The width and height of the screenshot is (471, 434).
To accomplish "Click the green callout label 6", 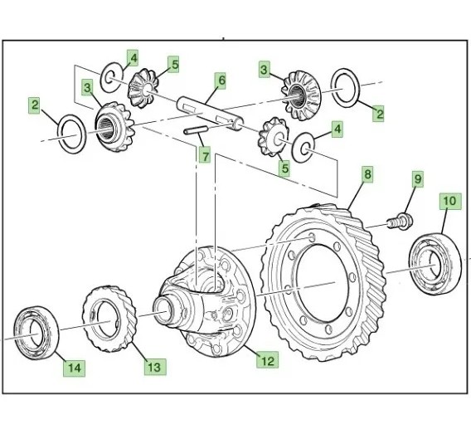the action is pos(221,80).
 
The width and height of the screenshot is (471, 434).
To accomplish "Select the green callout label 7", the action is pos(206,155).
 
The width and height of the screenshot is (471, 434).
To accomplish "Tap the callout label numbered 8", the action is pos(368,174).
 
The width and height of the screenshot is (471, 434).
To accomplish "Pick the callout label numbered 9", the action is pos(418,179).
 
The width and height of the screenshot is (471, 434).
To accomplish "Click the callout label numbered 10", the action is pos(450,201).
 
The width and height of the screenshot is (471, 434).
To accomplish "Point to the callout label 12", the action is pos(267,360).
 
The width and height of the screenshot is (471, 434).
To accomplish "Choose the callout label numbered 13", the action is pos(155,367).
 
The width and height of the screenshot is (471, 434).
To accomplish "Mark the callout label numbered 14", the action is pos(74,368).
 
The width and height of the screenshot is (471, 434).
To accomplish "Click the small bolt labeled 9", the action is pos(401,222).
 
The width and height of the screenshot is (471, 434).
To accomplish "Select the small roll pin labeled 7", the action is pos(196,130).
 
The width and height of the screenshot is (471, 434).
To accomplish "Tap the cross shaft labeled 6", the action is pos(211,114).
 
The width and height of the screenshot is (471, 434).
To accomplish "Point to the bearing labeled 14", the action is pos(36,333).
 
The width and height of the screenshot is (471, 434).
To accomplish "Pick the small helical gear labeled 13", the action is pos(110,319).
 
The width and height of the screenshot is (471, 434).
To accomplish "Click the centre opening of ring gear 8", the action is pos(321,283).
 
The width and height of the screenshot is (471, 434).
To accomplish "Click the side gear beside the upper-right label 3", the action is pos(301,95).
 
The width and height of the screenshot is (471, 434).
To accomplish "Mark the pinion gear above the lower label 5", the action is pos(274,137).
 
